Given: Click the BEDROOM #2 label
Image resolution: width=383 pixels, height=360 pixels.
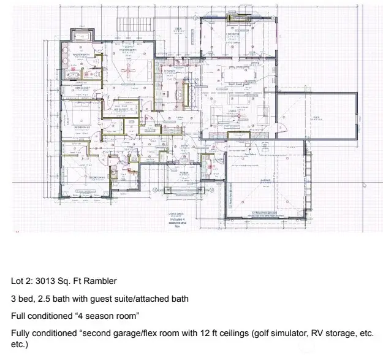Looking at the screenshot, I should tap(82, 128).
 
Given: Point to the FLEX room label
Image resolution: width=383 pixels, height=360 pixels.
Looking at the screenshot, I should tap(317, 118).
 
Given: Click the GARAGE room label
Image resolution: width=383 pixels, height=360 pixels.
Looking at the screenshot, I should tap(265, 180).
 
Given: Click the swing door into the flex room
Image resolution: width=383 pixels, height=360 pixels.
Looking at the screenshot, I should tap(284, 126).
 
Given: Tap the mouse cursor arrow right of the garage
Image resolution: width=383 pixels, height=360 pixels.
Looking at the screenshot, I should tap(365, 183).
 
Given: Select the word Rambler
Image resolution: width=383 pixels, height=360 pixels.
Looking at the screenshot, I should tap(100, 281).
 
